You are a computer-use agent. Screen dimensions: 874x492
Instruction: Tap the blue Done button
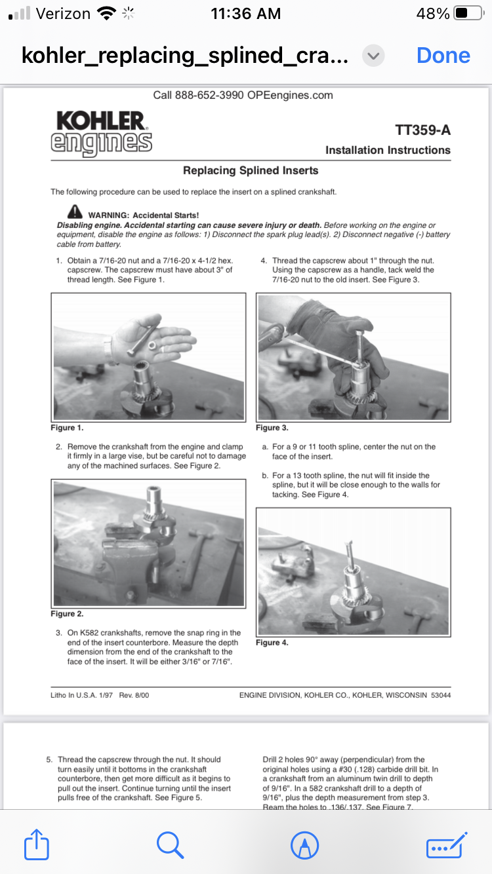click(443, 55)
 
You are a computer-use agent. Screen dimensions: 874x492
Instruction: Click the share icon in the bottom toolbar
click(37, 844)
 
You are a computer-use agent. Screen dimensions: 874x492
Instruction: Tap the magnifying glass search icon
click(170, 844)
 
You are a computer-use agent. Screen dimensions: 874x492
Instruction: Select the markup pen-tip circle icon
click(304, 844)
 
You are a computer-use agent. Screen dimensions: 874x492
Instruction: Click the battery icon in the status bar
click(468, 13)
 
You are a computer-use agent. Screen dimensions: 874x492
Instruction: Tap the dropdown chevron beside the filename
click(373, 56)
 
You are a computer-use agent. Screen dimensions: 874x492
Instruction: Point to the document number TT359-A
click(423, 130)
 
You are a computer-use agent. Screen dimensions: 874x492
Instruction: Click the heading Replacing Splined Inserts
click(251, 170)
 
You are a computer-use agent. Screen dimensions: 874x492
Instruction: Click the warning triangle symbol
click(75, 212)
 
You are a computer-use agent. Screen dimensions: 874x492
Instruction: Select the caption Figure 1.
click(67, 428)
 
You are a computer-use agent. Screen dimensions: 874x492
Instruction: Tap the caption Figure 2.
click(67, 614)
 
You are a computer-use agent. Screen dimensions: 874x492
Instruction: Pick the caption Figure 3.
click(272, 428)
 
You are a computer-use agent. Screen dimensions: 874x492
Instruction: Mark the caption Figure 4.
click(272, 643)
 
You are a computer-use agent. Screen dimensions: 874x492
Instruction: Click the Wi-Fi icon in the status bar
click(105, 13)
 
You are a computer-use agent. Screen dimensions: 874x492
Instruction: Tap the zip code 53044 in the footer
click(440, 694)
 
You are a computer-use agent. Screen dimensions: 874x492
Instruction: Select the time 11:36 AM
click(246, 13)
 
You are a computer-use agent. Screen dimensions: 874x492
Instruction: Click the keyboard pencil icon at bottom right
click(446, 844)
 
